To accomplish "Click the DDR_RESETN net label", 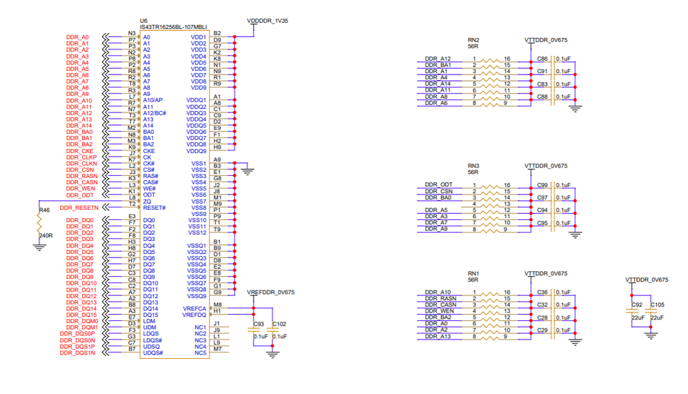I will coord(79,208).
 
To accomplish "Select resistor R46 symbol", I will coord(39,222).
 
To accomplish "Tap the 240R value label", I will coord(46,235).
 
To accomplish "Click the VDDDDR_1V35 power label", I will coord(267,21).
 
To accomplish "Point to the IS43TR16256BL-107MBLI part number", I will coord(173,28).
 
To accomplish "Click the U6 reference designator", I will coord(143,21).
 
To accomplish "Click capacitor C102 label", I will coord(279,324).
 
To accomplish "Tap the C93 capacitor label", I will coord(259,324).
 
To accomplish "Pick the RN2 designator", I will coord(474,40).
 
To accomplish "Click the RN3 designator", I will coord(474,166).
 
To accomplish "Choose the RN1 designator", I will coord(474,274).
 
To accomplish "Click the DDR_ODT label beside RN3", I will coord(438,185).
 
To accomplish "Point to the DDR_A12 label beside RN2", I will coord(438,59).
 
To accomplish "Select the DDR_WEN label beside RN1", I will coord(438,311).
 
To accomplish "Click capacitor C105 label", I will coord(658,304).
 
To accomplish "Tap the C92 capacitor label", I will coord(637,304).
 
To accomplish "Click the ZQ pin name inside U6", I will coord(148,201).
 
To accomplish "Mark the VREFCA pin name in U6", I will coord(194,308).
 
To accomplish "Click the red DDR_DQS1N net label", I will coord(77,353).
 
